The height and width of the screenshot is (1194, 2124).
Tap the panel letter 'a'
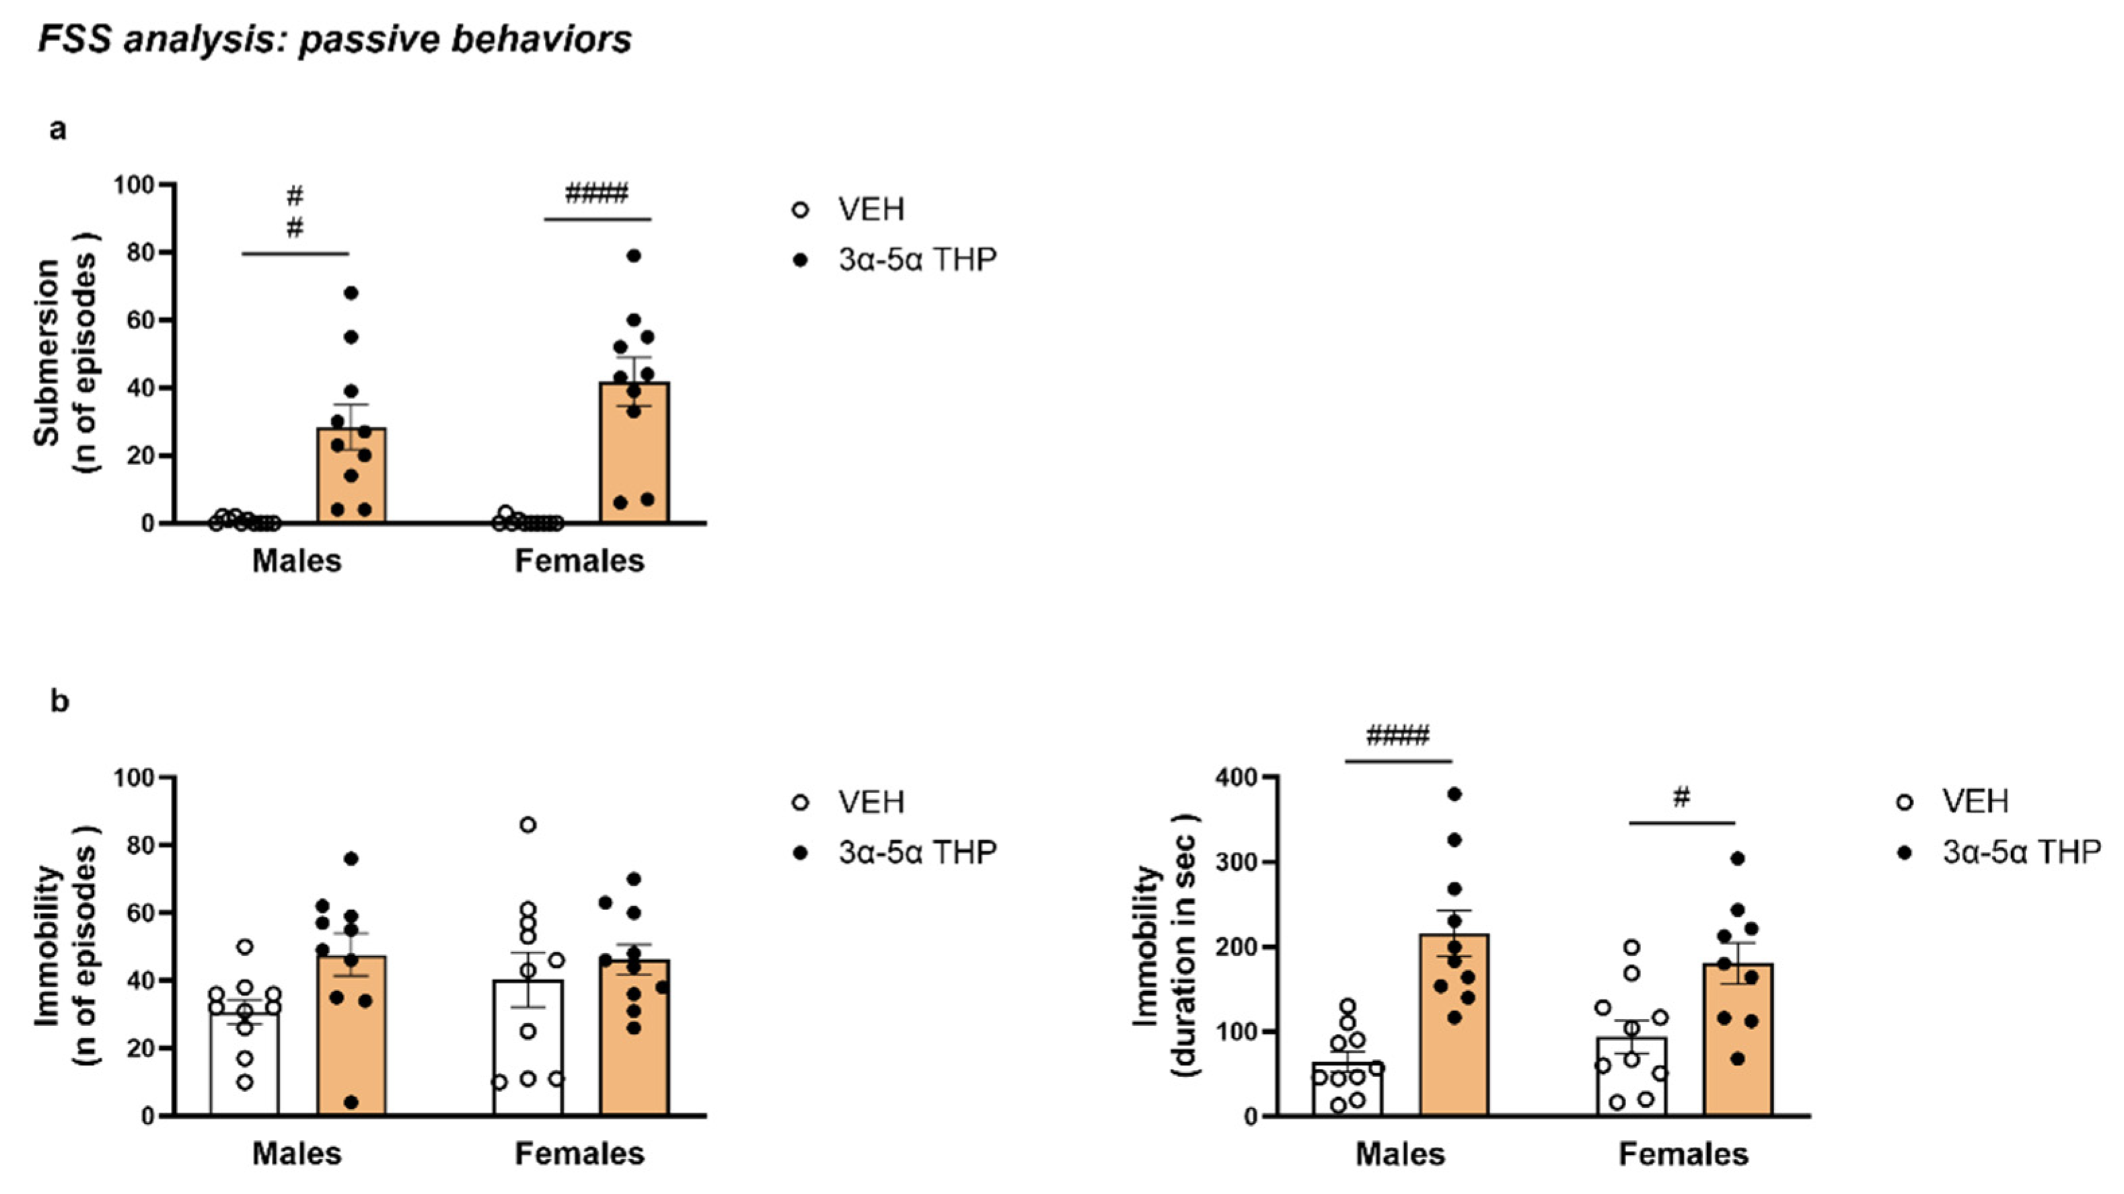click(x=58, y=129)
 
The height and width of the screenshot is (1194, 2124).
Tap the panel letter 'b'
click(x=59, y=702)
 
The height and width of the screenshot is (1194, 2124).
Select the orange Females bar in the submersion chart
click(x=634, y=461)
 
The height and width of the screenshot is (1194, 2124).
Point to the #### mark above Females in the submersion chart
click(x=597, y=194)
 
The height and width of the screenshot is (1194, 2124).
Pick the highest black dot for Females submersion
click(x=633, y=256)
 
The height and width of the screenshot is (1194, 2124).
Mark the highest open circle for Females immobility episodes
click(x=527, y=825)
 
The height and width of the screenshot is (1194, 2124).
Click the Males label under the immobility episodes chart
click(x=297, y=1154)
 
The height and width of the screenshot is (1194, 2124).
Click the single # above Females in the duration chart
click(x=1682, y=797)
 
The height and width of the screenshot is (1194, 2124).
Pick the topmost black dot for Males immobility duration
click(x=1455, y=794)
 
